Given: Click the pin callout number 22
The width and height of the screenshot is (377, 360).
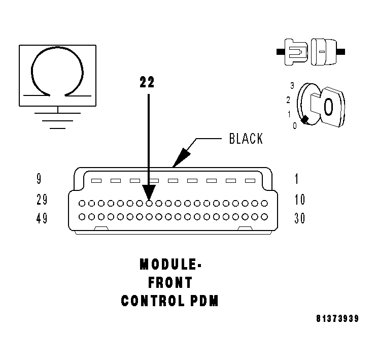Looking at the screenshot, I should tap(147, 82).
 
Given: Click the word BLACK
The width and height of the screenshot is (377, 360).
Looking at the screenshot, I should tap(246, 138).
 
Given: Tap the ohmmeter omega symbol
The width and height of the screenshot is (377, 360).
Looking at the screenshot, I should tap(57, 71).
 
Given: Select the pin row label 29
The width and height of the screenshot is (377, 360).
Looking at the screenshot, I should tap(42, 200).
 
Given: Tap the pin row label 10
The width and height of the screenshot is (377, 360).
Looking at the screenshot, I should tap(299, 200).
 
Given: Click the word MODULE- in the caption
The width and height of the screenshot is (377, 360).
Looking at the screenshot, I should tap(169, 265).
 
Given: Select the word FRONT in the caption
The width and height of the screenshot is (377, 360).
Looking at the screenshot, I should tap(170, 282).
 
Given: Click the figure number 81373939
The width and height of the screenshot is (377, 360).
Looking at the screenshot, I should tap(337, 319).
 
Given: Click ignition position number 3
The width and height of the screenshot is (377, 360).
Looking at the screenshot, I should tap(292, 86).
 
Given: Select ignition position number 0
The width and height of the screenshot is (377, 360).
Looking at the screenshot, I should tap(294, 125).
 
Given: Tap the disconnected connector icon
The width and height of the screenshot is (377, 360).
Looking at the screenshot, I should tap(311, 52).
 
